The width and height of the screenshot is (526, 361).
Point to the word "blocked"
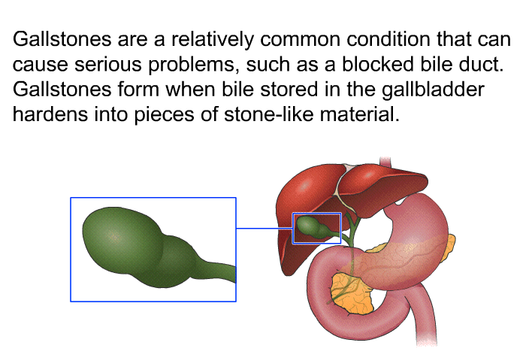point(378,64)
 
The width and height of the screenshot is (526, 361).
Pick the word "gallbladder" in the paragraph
point(433,89)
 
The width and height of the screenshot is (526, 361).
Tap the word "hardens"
point(50,114)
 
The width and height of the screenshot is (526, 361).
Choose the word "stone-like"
point(269,114)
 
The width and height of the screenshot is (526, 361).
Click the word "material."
point(360,114)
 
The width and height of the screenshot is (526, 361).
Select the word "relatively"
point(213,39)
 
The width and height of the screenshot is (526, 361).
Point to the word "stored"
point(289,89)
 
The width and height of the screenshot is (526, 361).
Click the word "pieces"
point(164,115)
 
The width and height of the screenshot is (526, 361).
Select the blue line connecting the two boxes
point(265,229)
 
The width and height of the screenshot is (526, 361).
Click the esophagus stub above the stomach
point(385,161)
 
